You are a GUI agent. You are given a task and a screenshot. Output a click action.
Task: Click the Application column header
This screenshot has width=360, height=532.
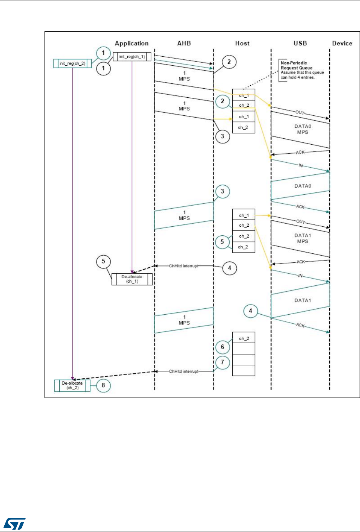tap(132, 43)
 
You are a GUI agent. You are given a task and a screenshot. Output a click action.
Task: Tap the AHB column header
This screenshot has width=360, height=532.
tap(184, 43)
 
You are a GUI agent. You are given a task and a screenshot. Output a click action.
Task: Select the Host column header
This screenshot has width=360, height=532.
tap(242, 43)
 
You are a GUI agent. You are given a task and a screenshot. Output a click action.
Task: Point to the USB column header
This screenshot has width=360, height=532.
tap(300, 43)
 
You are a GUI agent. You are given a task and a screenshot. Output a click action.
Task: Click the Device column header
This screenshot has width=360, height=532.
tap(342, 43)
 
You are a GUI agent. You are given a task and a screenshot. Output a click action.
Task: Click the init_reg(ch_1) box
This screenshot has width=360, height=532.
tap(132, 57)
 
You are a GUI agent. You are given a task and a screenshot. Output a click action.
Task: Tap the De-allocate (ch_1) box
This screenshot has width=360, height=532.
tap(132, 279)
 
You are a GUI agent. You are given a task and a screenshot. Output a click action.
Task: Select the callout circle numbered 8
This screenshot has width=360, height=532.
tap(103, 386)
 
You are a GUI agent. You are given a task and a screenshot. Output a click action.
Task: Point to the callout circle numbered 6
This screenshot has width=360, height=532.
tap(223, 347)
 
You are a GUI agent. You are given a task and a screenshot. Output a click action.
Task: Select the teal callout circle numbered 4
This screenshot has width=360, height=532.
tap(251, 311)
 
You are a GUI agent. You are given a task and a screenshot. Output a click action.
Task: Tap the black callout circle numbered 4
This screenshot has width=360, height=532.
tap(230, 268)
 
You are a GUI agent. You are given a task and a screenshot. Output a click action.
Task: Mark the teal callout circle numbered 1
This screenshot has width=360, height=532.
tap(103, 53)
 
